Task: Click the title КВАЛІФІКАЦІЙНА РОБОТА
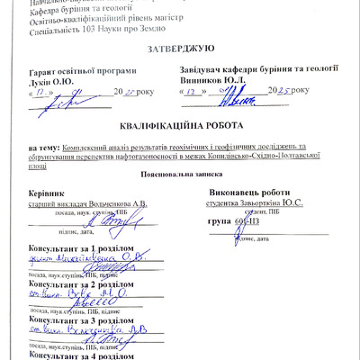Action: coord(179,128)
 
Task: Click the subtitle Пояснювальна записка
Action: coord(179,174)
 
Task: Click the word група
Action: coord(218,220)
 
